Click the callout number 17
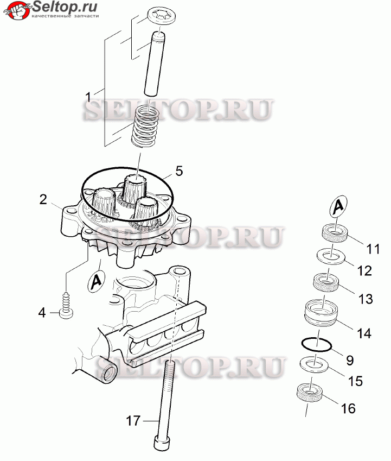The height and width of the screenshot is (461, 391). pyautogui.click(x=133, y=421)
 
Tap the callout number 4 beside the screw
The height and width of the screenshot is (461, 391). pyautogui.click(x=42, y=313)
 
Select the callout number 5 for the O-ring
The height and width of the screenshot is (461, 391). pyautogui.click(x=179, y=170)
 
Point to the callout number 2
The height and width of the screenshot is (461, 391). pyautogui.click(x=43, y=200)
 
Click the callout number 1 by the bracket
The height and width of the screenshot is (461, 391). pyautogui.click(x=88, y=97)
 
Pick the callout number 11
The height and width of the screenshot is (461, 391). pyautogui.click(x=374, y=249)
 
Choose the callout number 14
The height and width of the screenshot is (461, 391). pyautogui.click(x=364, y=333)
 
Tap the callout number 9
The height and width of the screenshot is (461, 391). pyautogui.click(x=350, y=360)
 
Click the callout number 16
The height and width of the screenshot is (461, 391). pyautogui.click(x=348, y=408)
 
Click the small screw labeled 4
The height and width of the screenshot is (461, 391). pyautogui.click(x=66, y=306)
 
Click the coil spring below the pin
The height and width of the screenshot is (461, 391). pyautogui.click(x=144, y=126)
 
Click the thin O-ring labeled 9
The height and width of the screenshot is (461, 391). pyautogui.click(x=317, y=345)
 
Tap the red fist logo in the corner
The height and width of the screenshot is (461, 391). pyautogui.click(x=17, y=10)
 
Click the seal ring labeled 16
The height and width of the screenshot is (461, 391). pyautogui.click(x=310, y=393)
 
